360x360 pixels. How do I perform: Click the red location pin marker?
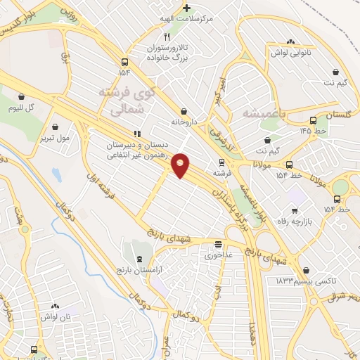click(181, 165)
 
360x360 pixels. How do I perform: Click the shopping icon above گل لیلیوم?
click(22, 96)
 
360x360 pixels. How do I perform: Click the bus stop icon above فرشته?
click(221, 161)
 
